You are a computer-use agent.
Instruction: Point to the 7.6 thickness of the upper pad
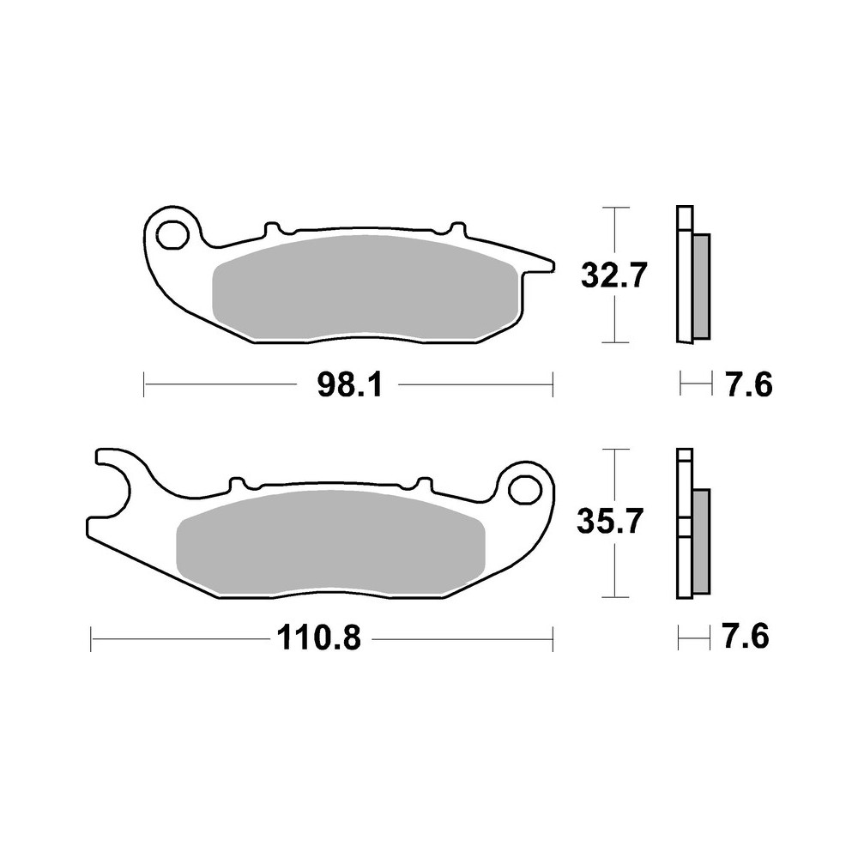[x=749, y=385]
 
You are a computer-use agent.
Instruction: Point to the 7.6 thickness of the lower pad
[x=745, y=637]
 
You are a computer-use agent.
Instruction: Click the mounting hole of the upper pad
[x=174, y=233]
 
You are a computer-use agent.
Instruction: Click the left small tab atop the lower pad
[x=237, y=484]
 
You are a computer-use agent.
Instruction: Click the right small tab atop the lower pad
[x=422, y=484]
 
